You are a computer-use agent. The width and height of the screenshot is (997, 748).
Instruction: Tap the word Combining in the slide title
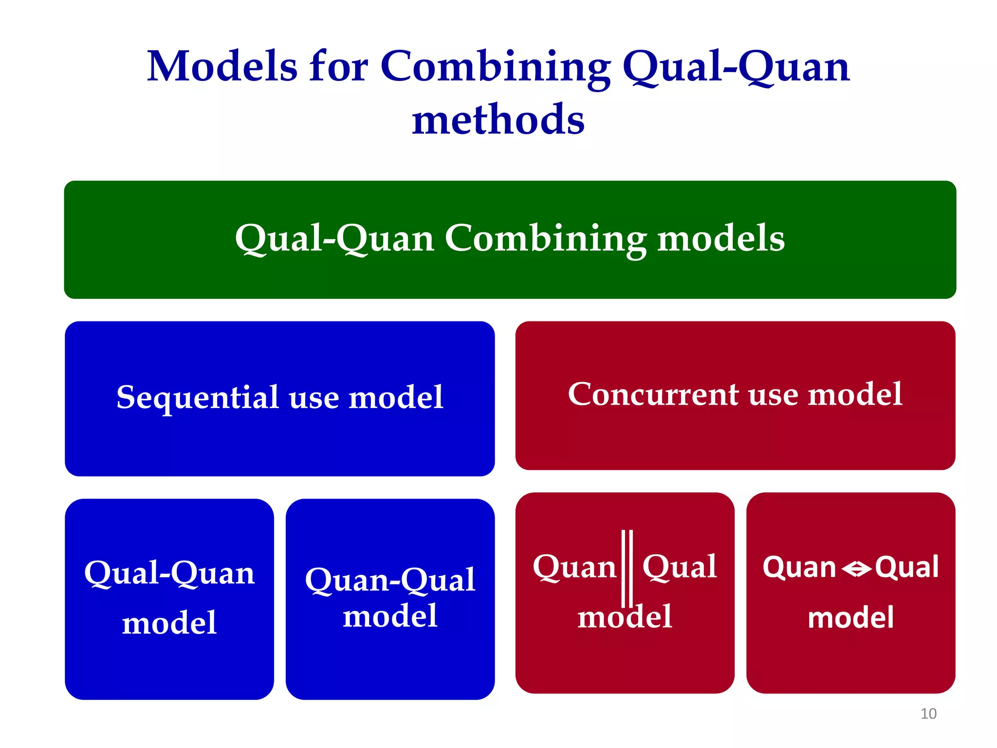[495, 67]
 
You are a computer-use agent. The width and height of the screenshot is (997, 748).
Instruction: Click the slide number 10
[928, 713]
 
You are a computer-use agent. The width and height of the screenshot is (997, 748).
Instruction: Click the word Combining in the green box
[545, 239]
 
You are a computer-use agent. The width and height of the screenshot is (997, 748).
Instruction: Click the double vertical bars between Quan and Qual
[627, 567]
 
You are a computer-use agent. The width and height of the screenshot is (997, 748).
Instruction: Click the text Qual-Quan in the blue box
[169, 573]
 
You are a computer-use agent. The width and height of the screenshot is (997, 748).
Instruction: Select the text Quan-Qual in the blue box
[390, 580]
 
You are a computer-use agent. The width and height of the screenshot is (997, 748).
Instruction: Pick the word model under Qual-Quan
[169, 623]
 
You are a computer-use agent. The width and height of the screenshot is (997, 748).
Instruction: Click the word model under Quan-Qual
[390, 616]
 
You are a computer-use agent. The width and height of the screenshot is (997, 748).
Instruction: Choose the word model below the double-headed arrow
[850, 617]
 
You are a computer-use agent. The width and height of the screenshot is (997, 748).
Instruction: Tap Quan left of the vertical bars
[574, 567]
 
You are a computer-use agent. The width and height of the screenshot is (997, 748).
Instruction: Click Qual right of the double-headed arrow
[906, 567]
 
